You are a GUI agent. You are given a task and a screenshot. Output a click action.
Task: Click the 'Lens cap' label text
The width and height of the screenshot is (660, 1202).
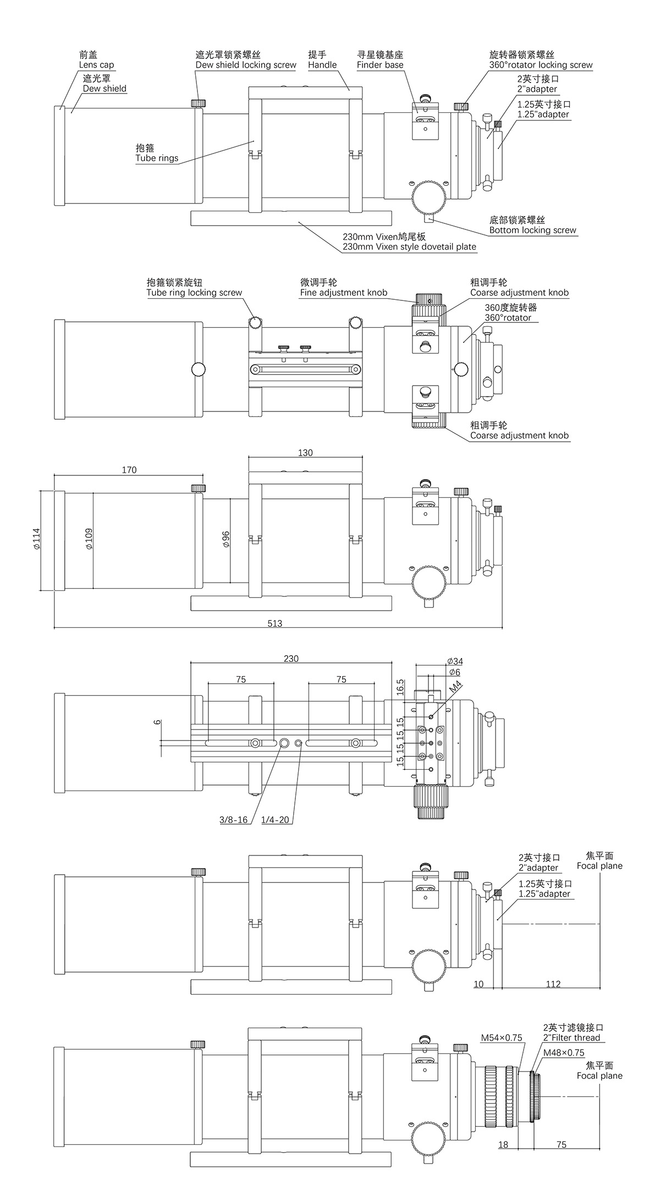[96, 65]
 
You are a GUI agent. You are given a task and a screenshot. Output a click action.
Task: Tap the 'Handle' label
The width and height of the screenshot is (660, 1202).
[322, 65]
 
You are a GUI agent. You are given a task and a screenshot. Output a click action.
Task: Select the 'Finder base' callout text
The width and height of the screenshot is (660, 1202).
[380, 65]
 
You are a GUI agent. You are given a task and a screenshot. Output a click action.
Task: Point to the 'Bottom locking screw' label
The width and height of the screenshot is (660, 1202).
[532, 230]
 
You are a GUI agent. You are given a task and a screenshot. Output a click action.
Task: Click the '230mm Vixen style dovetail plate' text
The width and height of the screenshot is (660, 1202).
[409, 247]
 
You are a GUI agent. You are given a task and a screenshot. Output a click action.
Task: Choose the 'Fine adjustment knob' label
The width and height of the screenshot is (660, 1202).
[343, 293]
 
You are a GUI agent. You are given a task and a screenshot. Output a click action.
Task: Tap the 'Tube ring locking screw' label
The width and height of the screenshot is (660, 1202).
[194, 293]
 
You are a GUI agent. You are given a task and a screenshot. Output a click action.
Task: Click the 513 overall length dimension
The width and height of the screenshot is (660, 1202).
[274, 623]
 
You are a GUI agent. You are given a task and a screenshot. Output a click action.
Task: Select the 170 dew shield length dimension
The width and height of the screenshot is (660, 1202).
[129, 470]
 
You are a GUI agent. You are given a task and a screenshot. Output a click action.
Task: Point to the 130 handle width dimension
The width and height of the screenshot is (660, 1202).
[305, 453]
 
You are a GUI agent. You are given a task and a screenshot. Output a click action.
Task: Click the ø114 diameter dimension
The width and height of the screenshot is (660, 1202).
[36, 539]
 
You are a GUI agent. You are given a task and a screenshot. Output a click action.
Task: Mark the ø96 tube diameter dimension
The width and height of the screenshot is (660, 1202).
[226, 539]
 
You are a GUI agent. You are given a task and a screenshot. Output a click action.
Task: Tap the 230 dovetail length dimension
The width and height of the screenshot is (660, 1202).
[291, 658]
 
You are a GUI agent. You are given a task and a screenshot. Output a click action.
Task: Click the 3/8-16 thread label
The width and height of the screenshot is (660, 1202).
[233, 820]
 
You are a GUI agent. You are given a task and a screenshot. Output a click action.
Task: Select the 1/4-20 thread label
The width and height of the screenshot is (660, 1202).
[275, 820]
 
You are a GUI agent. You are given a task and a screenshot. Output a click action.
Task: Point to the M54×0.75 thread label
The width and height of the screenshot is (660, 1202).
[501, 1038]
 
